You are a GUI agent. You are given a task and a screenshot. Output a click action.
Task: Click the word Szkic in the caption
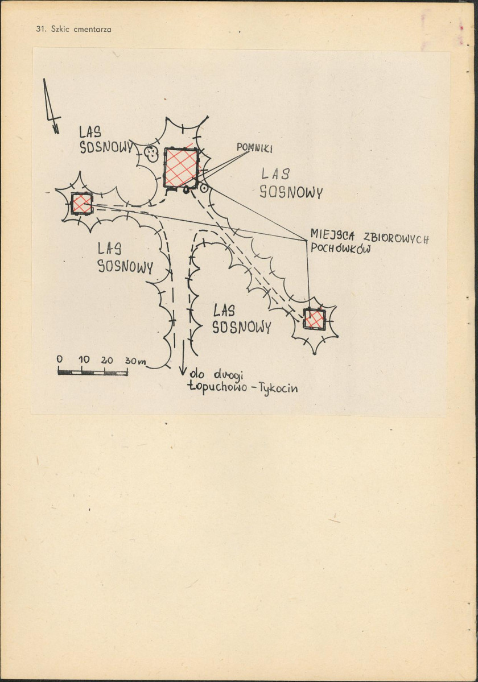click(60, 29)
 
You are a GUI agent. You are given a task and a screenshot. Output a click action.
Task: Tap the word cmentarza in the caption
click(93, 30)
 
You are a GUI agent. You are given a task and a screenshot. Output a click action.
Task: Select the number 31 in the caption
click(41, 29)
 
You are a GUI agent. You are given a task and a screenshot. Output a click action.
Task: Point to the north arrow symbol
click(51, 106)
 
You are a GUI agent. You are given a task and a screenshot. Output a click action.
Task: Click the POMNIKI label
click(254, 148)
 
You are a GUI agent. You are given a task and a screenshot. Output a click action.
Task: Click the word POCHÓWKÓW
click(340, 248)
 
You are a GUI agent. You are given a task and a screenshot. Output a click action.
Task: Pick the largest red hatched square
click(181, 167)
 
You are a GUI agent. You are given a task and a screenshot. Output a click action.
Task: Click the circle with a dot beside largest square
click(204, 188)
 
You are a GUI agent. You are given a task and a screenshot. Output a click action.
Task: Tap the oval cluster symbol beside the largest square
click(151, 154)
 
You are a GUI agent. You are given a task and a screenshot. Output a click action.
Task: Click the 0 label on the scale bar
click(60, 359)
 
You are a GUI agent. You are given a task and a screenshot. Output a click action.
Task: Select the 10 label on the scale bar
click(84, 359)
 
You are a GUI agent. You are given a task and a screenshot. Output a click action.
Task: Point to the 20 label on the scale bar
click(107, 361)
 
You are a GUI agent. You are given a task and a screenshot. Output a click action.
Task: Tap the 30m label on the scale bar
click(135, 361)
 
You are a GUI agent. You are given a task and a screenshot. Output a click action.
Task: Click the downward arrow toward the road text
click(183, 358)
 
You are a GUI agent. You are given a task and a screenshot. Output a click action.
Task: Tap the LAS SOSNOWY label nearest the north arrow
click(106, 139)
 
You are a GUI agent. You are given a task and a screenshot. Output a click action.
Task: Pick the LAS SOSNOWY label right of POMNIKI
click(291, 184)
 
